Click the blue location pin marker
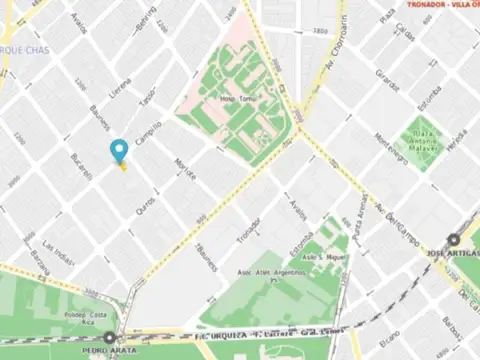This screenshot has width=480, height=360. coord(120,151)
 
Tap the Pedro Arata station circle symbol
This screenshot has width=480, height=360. coord(108,339)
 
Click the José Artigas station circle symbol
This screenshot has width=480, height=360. coord(453,240)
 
